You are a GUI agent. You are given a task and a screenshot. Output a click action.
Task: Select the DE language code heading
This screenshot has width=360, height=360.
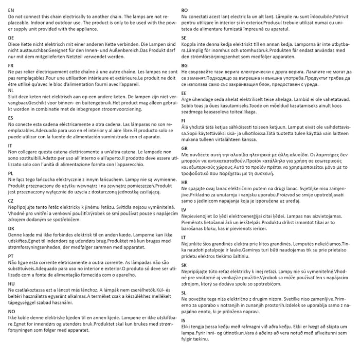(x=11, y=38)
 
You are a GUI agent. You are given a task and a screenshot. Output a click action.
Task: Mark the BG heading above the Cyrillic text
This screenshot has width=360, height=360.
(x=184, y=66)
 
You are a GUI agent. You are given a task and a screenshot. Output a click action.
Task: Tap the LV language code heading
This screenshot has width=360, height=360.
(x=184, y=210)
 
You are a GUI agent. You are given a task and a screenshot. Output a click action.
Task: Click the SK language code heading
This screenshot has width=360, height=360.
(x=184, y=265)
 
